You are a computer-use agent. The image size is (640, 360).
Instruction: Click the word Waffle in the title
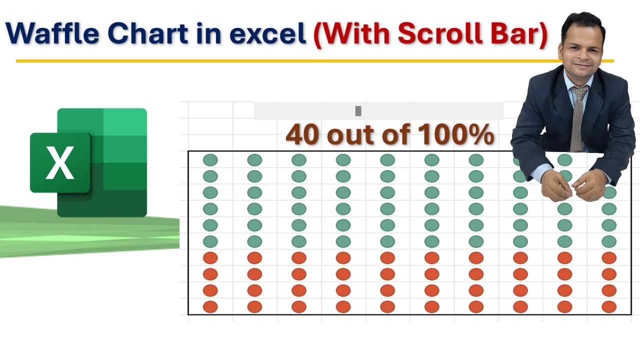(52, 34)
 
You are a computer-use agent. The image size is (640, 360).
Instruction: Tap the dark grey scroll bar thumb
(358, 111)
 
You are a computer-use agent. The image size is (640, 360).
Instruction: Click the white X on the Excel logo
(60, 163)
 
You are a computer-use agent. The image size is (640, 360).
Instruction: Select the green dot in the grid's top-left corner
(210, 160)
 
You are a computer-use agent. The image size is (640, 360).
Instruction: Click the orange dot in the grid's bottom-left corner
(210, 306)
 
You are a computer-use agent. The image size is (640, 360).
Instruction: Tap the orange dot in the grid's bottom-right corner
(609, 306)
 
